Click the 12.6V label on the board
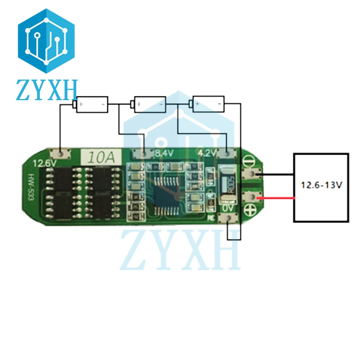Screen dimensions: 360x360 point(44,164)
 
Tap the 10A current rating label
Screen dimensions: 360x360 point(99,155)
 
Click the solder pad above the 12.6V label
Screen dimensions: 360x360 point(60,153)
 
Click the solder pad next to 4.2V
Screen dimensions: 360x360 point(226,153)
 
